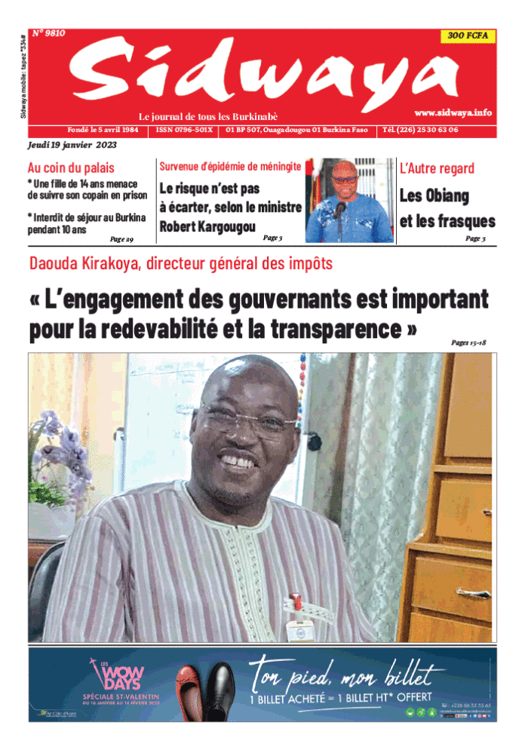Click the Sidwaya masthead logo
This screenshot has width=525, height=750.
point(264,75)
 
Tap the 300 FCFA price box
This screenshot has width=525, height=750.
point(467,35)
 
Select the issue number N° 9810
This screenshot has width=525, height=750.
point(49,33)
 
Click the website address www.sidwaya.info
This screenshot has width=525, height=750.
point(453,112)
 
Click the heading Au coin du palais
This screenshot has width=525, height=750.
point(71,168)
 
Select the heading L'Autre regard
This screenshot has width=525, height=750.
point(437,168)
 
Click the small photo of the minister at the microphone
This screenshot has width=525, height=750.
point(349,200)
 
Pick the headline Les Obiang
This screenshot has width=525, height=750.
point(434,196)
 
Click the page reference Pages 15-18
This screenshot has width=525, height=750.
point(468,343)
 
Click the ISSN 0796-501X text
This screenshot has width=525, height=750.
point(185,130)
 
